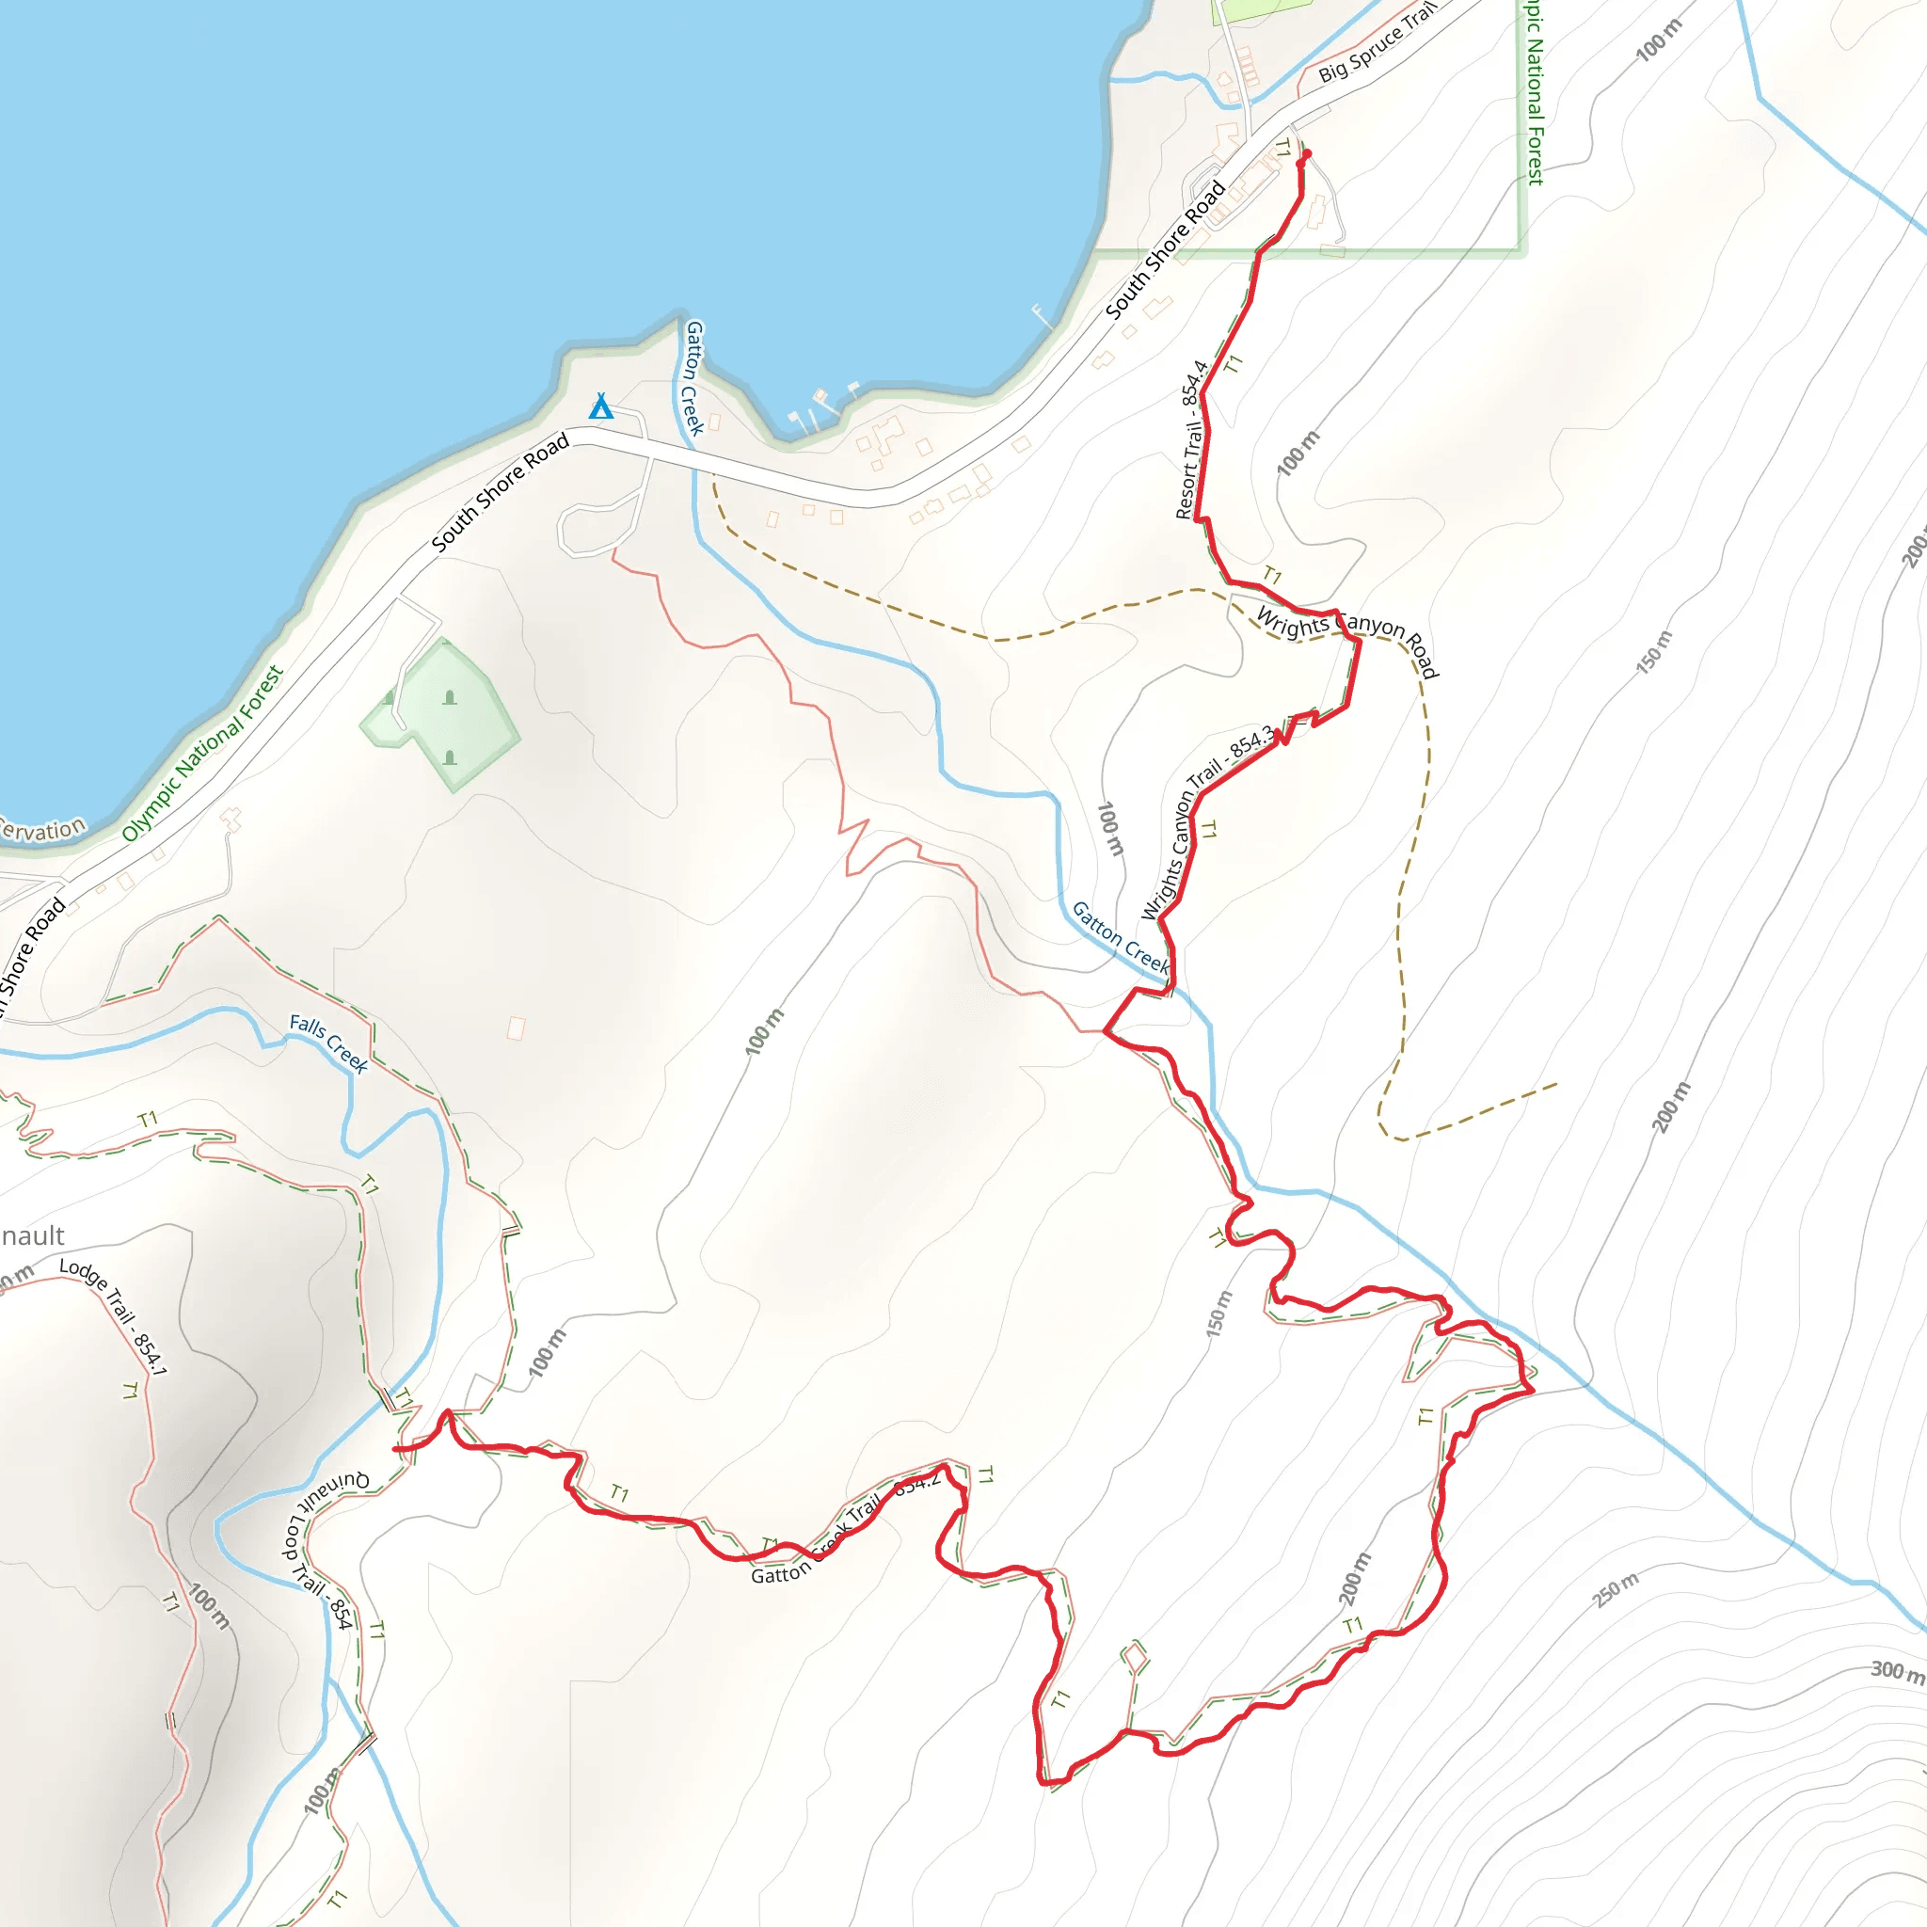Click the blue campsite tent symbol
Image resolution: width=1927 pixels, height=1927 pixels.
[x=600, y=406]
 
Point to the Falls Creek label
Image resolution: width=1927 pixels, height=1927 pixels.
[x=328, y=1043]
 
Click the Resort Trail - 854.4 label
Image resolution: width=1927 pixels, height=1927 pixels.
[x=1193, y=439]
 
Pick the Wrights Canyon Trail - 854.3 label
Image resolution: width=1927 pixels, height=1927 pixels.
[x=1206, y=823]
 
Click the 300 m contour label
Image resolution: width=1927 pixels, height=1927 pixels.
[x=1896, y=1671]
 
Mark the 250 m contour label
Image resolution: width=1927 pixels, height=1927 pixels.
[x=1616, y=1591]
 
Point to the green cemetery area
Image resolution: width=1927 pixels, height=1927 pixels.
[x=444, y=713]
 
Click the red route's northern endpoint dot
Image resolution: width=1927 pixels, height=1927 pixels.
[x=1307, y=153]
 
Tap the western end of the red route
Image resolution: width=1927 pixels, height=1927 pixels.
[x=397, y=1449]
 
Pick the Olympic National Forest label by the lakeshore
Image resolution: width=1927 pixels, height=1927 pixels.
[x=203, y=754]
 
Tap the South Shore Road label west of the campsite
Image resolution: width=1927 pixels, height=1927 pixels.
[x=500, y=493]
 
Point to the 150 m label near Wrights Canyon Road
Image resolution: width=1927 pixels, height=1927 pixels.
[x=1652, y=652]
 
